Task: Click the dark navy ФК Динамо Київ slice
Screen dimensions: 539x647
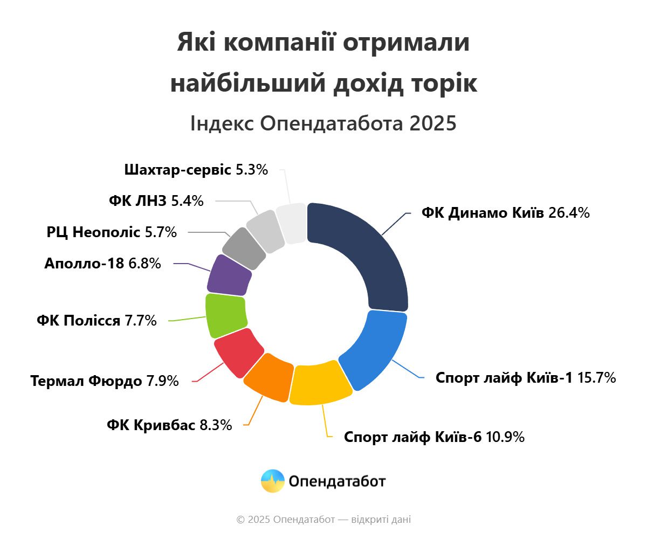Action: coord(367,248)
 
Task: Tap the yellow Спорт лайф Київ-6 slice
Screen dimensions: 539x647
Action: coord(321,383)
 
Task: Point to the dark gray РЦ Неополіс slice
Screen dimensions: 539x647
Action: coord(244,248)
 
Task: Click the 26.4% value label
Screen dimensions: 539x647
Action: coord(569,213)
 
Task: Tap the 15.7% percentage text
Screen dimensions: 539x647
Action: coord(596,378)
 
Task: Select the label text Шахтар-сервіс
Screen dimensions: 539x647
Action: coord(178,170)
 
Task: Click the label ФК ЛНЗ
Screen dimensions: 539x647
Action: coord(137,202)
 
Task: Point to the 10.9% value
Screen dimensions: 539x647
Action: coord(505,437)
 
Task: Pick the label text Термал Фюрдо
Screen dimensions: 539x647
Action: coord(86,382)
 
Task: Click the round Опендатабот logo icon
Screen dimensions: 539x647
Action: coord(272,481)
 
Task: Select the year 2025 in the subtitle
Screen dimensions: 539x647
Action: coord(432,124)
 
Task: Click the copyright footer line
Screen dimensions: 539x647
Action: coord(323,520)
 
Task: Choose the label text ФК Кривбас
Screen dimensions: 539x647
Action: coord(150,425)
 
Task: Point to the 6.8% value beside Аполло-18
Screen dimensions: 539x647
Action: coord(144,264)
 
